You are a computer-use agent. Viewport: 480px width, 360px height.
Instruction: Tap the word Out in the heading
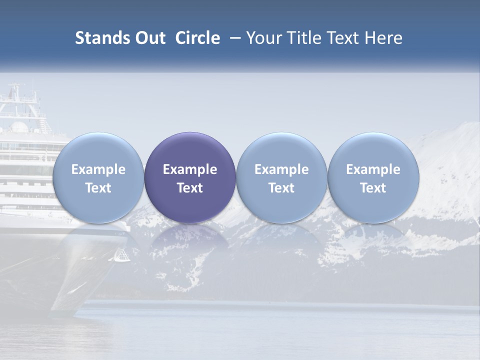tap(148, 38)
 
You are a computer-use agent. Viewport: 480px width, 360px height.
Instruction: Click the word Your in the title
tap(263, 38)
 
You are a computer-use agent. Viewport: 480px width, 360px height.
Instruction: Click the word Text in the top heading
tap(343, 38)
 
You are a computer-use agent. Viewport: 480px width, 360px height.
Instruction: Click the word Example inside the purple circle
tap(190, 169)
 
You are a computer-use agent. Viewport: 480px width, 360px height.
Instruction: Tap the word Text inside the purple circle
tap(190, 188)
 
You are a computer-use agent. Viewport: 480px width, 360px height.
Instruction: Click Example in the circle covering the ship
tap(98, 169)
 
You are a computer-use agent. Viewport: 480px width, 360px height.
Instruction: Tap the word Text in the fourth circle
tap(373, 188)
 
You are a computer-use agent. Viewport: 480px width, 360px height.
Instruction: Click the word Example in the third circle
tap(281, 169)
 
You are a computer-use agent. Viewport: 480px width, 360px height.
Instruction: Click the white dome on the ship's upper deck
tap(19, 126)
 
